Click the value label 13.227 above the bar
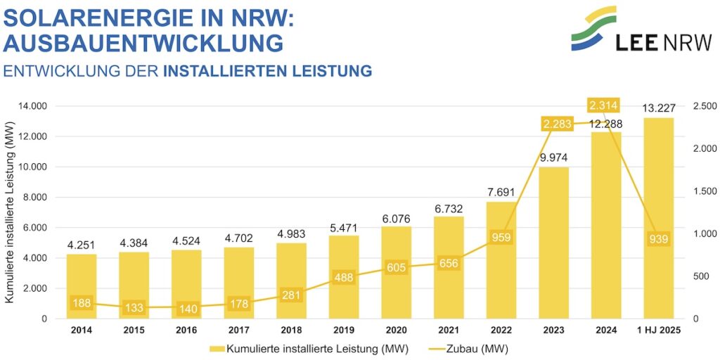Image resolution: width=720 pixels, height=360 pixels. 659,108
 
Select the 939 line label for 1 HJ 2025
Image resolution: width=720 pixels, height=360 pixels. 659,239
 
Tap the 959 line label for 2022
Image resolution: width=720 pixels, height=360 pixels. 501,237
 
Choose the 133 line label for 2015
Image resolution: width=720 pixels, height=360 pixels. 134,308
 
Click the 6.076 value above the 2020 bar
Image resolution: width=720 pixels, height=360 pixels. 397,218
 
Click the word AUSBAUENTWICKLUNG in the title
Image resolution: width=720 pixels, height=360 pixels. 143,43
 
